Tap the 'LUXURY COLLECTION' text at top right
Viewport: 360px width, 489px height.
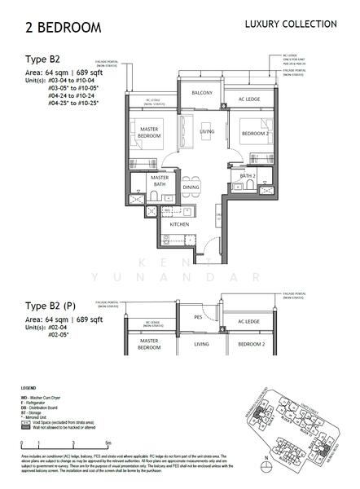pyautogui.click(x=291, y=24)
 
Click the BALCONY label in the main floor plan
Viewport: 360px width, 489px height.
pyautogui.click(x=202, y=93)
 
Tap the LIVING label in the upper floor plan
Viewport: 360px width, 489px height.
pyautogui.click(x=207, y=130)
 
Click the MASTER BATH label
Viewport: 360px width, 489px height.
pyautogui.click(x=160, y=182)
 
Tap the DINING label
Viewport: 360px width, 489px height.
pyautogui.click(x=191, y=187)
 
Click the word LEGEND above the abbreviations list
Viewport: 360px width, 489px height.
pyautogui.click(x=28, y=390)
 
